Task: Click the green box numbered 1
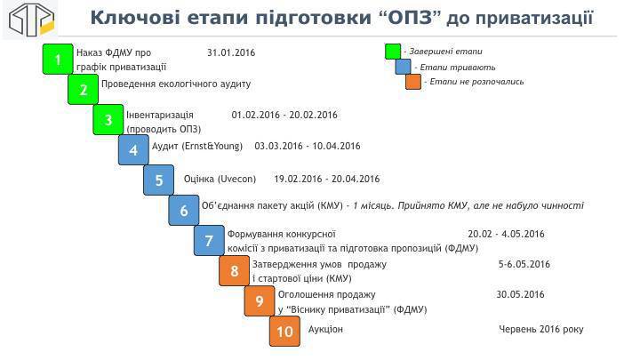[58, 60]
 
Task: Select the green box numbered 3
[108, 120]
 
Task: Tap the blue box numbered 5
[159, 180]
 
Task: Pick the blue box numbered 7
[209, 240]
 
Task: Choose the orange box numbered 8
[235, 270]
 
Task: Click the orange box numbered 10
[285, 331]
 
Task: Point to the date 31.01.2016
[231, 52]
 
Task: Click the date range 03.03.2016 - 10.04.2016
[308, 146]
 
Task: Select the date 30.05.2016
[520, 294]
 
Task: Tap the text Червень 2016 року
[541, 329]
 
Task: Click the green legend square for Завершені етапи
[393, 52]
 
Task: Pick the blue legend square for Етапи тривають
[403, 67]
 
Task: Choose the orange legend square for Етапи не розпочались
[413, 82]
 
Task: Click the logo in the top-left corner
[31, 20]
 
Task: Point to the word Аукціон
[325, 329]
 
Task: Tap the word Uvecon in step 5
[236, 179]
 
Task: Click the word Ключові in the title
[135, 18]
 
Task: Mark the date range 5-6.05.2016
[524, 264]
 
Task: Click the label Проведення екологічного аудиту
[176, 84]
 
